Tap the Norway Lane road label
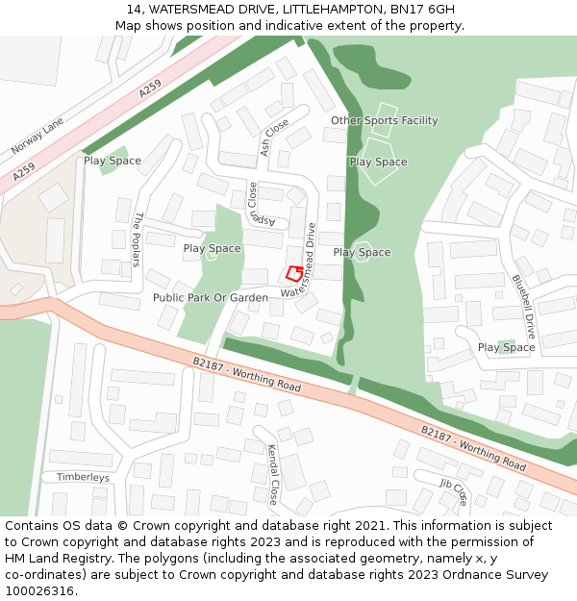coord(37,136)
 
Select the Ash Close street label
coord(274,137)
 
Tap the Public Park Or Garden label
coord(211,297)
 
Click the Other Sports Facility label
coord(384,120)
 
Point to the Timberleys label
coord(83,477)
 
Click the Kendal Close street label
coord(273,474)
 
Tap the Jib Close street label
coord(453,491)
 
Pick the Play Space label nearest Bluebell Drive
coord(506,347)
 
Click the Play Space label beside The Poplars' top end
coord(113,161)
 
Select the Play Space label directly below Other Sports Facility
coord(378,162)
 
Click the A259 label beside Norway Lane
coord(151,89)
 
